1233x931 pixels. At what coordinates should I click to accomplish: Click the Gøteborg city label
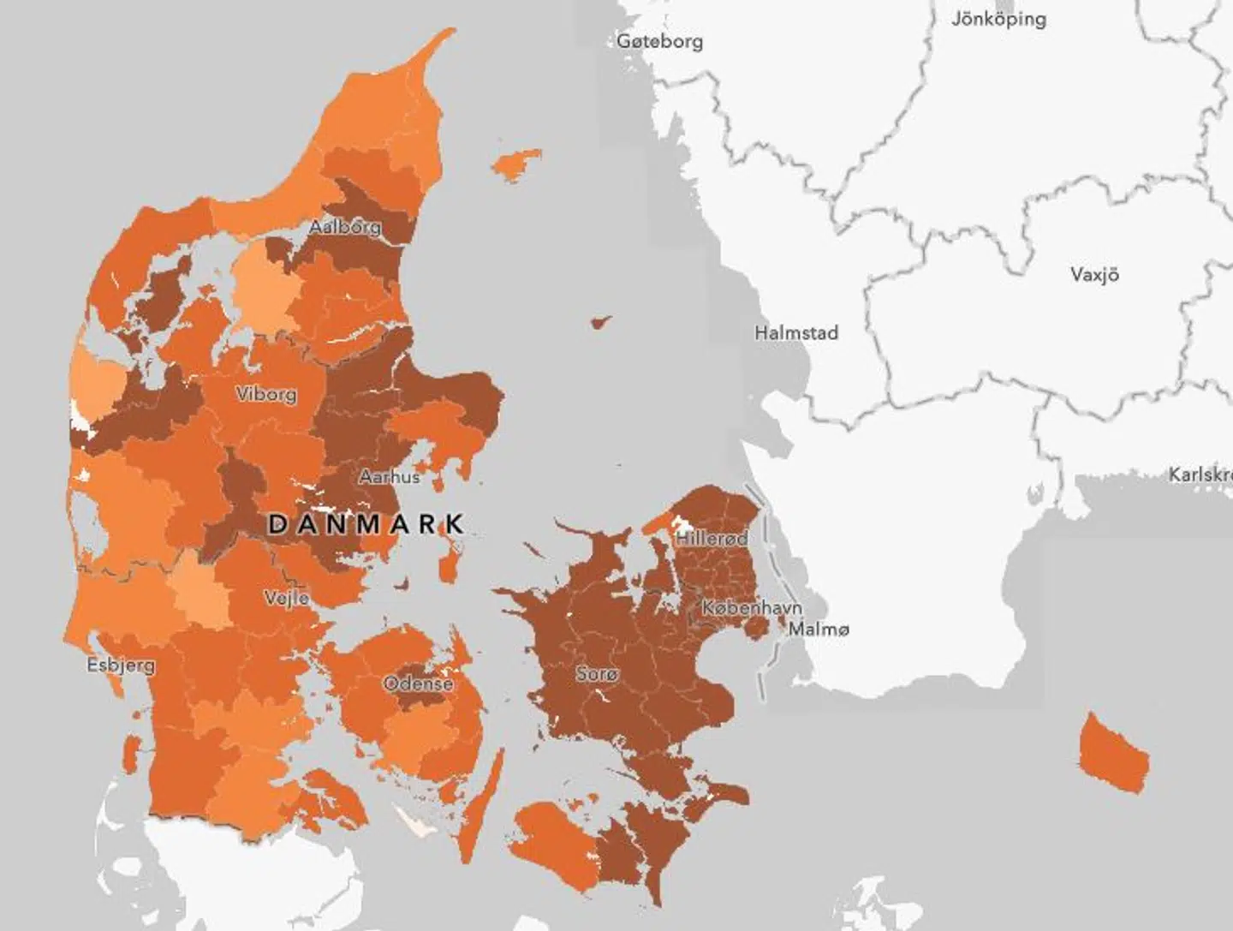(x=660, y=41)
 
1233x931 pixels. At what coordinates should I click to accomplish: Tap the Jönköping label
(x=998, y=19)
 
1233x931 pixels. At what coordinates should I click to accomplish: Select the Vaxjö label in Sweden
(x=1094, y=275)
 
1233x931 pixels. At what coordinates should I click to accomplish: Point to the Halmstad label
(x=795, y=332)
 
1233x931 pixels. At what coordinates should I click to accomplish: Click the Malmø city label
(x=819, y=630)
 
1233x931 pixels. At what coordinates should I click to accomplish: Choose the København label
(x=752, y=608)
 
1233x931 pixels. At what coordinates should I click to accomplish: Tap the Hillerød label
(x=711, y=539)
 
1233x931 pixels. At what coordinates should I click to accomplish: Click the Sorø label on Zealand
(x=596, y=674)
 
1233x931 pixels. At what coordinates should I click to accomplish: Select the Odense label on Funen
(x=418, y=683)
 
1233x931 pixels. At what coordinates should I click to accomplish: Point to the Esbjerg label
(x=121, y=665)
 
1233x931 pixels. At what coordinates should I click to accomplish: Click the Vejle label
(x=287, y=598)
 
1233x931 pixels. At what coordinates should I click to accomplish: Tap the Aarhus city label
(x=389, y=476)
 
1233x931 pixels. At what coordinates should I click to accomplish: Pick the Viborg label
(x=266, y=394)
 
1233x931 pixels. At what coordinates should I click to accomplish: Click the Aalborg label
(x=344, y=228)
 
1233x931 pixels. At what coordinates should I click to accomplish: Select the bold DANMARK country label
(x=366, y=524)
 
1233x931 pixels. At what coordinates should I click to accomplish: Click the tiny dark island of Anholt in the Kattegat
(x=600, y=323)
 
